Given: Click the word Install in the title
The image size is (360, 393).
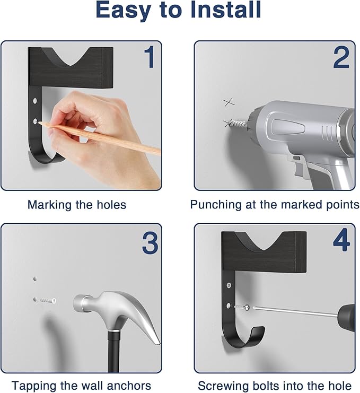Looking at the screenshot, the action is click(226, 10).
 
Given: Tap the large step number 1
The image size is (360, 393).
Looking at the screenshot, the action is click(150, 57).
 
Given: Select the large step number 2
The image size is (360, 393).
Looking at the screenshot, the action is click(341, 57).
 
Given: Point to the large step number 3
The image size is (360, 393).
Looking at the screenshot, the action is click(150, 243).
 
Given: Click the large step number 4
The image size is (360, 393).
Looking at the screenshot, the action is click(341, 240).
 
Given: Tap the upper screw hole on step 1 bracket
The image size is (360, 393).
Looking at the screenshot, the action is click(35, 101).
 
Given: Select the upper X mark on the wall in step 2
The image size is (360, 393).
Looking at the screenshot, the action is click(229, 102).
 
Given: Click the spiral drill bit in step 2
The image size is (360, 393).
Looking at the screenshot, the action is click(238, 124).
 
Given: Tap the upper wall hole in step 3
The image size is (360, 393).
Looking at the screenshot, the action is click(35, 279).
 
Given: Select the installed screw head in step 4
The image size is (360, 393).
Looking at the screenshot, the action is click(229, 285).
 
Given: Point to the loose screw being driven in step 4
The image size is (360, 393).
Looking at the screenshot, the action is click(242, 307).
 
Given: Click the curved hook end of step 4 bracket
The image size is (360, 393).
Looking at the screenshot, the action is click(258, 334).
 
